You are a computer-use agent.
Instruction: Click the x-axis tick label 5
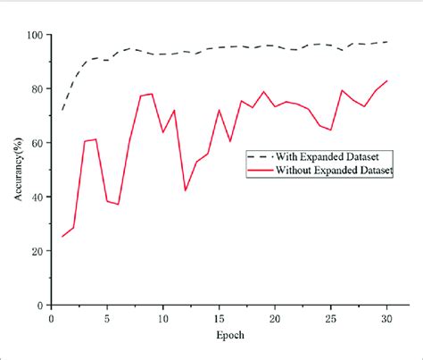tap(107, 317)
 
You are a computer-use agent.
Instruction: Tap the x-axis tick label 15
tap(219, 317)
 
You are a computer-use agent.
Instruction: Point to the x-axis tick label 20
tap(275, 317)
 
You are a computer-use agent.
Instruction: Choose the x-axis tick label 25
tap(330, 317)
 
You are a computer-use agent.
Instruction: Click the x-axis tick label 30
tap(386, 317)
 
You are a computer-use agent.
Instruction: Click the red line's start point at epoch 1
tap(62, 237)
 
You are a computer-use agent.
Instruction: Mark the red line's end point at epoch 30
tap(386, 81)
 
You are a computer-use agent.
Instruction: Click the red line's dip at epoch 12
tap(186, 190)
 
